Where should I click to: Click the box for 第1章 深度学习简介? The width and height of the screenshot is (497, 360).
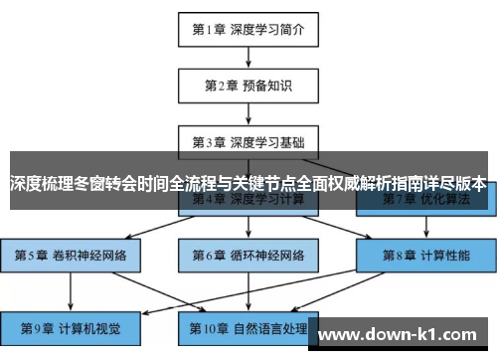248,29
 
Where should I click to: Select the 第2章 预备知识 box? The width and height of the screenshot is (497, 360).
248,86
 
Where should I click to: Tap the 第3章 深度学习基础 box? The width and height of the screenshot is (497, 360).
248,141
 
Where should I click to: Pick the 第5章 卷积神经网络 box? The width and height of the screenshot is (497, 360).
71,256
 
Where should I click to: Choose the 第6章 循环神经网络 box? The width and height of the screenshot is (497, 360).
248,256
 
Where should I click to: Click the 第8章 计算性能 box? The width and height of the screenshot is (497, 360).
426,256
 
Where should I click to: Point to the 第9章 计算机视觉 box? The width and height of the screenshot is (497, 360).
71,325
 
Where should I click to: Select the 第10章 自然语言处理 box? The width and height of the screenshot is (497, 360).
248,325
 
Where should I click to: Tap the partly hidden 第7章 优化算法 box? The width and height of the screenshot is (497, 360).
426,204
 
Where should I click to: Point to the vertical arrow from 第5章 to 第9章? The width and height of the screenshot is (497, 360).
71,290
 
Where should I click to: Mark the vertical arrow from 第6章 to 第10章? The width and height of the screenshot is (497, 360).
248,290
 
